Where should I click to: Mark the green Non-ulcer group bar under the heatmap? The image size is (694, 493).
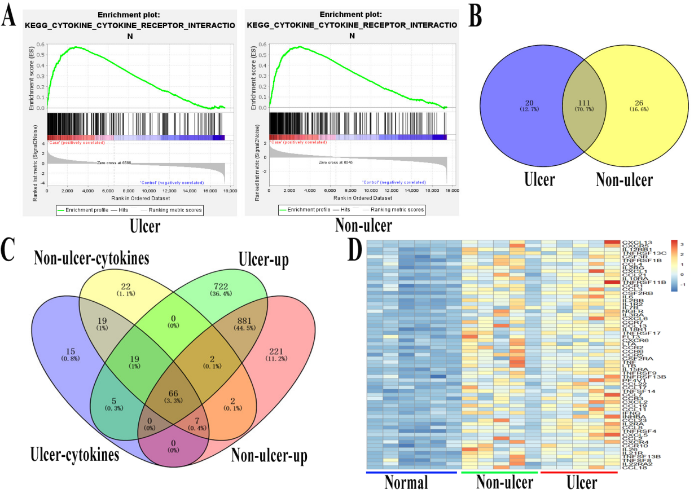499,472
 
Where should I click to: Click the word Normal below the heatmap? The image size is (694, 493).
406,482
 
